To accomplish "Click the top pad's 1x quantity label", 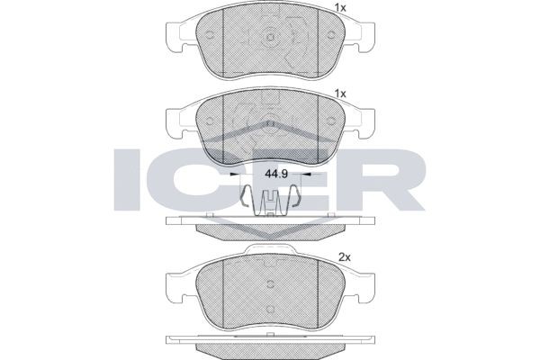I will pyautogui.click(x=341, y=8).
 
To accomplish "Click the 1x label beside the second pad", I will pyautogui.click(x=341, y=94).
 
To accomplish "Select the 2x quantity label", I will pyautogui.click(x=343, y=257).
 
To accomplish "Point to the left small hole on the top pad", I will pyautogui.click(x=209, y=36).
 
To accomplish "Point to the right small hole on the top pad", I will pyautogui.click(x=331, y=36).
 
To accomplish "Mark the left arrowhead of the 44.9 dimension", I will pyautogui.click(x=236, y=175).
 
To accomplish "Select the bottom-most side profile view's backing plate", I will pyautogui.click(x=270, y=340).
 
